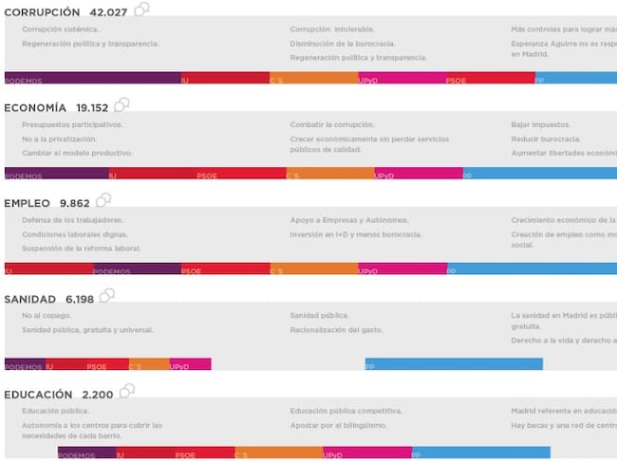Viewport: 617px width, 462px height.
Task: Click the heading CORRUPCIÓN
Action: pos(42,11)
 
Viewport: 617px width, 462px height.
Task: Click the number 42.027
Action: pos(109,11)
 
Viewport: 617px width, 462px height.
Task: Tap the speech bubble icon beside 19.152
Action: pos(122,104)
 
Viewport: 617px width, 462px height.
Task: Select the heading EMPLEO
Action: pos(28,203)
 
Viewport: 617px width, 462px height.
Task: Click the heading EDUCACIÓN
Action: pos(38,394)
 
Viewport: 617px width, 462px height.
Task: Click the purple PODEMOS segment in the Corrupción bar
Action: pos(92,79)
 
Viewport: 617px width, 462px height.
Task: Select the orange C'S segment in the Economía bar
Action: pos(329,174)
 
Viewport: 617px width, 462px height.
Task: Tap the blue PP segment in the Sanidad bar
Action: pos(454,364)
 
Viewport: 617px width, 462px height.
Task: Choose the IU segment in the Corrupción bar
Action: pos(225,79)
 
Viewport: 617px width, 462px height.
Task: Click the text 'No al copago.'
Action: pos(43,315)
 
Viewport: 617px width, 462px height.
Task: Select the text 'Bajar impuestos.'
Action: pos(540,124)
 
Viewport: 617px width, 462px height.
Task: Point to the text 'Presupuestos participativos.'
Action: pos(72,124)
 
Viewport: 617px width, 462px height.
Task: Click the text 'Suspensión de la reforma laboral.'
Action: pos(81,249)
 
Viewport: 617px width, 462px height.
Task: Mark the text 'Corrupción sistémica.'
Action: pos(59,29)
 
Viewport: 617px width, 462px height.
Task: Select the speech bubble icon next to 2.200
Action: pos(125,390)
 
